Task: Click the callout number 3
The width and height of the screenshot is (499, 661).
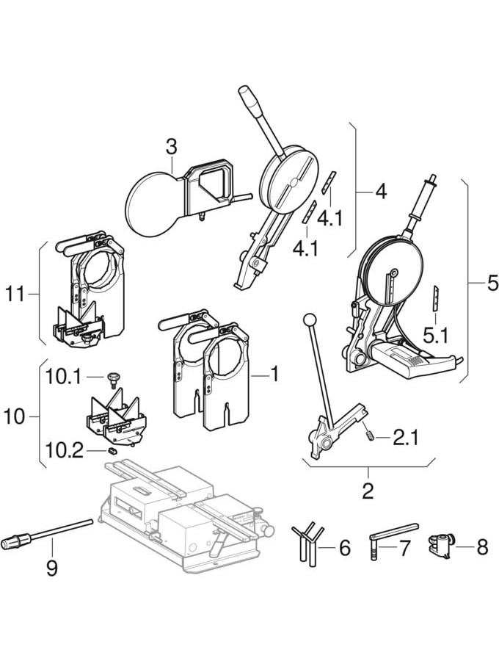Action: [171, 147]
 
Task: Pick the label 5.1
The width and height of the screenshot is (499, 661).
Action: [435, 337]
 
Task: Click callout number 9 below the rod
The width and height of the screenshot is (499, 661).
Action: [51, 568]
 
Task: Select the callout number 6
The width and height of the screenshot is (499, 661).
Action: [345, 548]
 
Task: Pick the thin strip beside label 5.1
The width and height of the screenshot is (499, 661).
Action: [434, 297]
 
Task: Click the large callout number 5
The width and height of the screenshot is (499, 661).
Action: [492, 283]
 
